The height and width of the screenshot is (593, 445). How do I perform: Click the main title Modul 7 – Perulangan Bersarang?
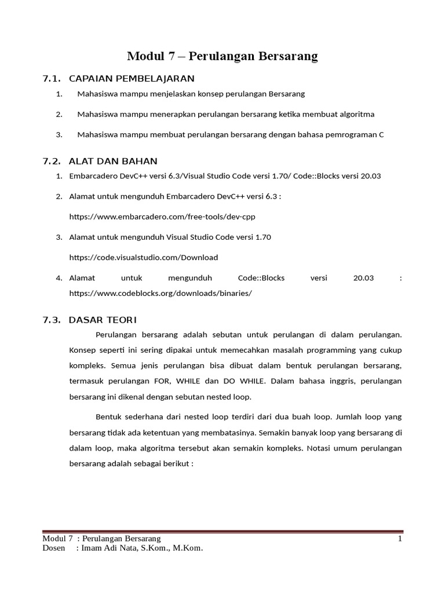click(222, 56)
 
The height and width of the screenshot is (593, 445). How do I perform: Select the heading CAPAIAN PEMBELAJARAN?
click(132, 78)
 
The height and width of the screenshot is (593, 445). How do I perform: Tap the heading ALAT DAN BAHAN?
click(113, 160)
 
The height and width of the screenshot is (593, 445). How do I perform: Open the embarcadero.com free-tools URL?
click(162, 217)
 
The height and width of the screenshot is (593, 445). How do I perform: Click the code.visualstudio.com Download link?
click(143, 257)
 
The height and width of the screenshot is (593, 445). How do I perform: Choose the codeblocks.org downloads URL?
click(161, 293)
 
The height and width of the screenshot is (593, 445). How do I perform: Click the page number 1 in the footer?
click(399, 539)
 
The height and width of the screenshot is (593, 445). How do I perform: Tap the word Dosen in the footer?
click(54, 548)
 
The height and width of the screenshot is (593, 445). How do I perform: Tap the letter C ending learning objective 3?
click(381, 134)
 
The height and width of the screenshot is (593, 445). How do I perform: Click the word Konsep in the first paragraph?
click(82, 350)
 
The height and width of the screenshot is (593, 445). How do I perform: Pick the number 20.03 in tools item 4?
click(363, 278)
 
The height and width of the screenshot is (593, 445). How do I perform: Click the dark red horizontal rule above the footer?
click(222, 532)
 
